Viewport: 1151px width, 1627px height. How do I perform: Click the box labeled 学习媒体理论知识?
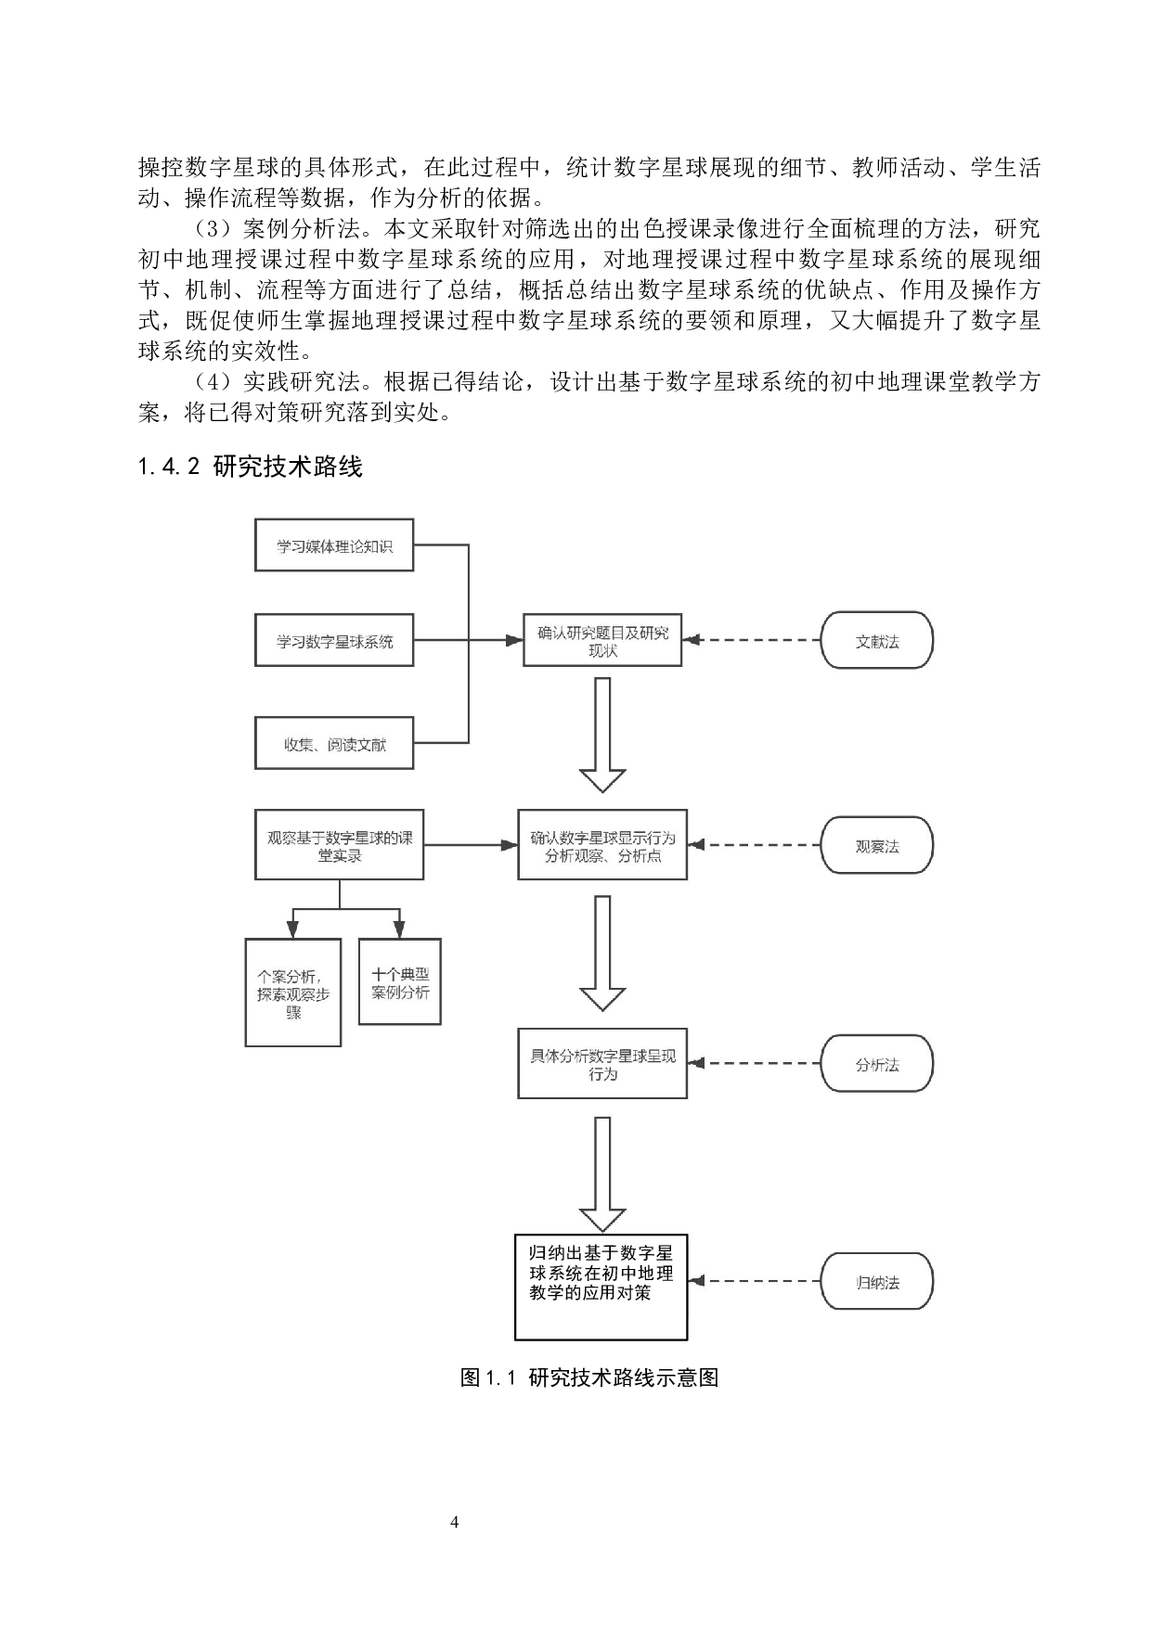(333, 545)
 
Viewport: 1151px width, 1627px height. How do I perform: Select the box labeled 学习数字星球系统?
(333, 641)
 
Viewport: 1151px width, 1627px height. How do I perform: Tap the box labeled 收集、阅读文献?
(333, 743)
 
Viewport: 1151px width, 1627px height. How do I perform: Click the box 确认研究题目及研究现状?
(602, 640)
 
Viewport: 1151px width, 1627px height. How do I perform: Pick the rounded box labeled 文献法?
(876, 640)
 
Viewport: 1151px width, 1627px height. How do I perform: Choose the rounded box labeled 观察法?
(876, 845)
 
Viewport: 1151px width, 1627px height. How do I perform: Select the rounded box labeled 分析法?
(876, 1064)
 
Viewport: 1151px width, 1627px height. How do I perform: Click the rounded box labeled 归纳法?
(876, 1283)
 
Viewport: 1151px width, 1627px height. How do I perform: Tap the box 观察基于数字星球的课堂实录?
(339, 845)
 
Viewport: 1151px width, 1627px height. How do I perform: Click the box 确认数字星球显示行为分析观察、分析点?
(602, 845)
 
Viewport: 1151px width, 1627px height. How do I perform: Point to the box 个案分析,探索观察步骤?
(293, 993)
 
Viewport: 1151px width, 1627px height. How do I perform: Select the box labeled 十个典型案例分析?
(399, 982)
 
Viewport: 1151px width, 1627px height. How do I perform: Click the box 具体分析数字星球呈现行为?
(602, 1064)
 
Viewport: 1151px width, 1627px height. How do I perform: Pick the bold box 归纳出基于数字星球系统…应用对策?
(601, 1286)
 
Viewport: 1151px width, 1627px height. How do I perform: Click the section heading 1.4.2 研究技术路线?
(250, 467)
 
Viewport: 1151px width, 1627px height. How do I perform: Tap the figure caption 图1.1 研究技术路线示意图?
(589, 1377)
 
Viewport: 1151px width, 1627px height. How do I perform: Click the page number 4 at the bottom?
(454, 1522)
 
